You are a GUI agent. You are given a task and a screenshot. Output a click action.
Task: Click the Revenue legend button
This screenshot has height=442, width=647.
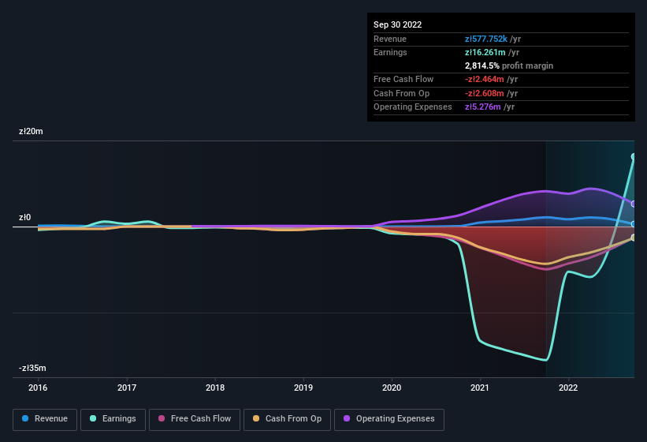[46, 419]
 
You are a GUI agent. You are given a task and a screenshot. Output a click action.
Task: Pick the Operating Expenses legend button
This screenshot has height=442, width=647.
[389, 419]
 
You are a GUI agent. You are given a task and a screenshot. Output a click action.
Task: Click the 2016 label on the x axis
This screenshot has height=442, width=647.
[38, 388]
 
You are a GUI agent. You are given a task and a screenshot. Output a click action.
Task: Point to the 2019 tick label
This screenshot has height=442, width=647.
[303, 388]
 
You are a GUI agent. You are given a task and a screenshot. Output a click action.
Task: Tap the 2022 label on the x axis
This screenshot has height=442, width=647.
[568, 388]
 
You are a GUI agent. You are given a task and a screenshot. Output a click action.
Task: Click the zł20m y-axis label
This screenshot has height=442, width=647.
[32, 132]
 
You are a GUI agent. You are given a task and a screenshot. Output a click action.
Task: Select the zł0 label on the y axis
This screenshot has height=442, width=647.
[26, 218]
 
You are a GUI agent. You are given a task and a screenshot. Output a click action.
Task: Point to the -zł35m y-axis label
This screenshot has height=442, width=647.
[33, 369]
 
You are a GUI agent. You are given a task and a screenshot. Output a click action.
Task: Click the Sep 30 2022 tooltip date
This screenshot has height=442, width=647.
[398, 24]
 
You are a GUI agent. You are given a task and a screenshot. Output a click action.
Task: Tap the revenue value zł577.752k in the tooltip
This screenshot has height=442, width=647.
[491, 39]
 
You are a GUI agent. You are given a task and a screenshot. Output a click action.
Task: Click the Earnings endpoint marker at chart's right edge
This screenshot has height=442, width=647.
[634, 157]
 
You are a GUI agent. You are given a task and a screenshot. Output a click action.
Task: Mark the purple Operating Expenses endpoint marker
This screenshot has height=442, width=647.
[634, 204]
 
